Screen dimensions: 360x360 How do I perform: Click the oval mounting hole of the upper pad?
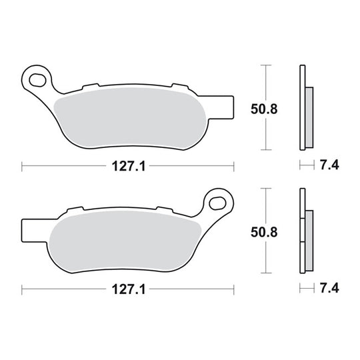[x=37, y=80]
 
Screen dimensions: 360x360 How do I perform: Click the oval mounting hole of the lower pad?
[x=217, y=203]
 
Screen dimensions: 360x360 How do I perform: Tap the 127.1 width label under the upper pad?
[x=129, y=166]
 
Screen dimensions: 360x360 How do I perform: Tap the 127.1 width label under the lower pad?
[x=129, y=289]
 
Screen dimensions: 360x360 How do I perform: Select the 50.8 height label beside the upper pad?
[x=264, y=109]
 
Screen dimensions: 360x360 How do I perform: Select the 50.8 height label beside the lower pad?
[x=264, y=232]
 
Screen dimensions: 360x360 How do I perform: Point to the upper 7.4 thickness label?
[x=329, y=165]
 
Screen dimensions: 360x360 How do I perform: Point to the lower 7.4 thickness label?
[x=329, y=288]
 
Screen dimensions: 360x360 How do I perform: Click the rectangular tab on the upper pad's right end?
[x=221, y=107]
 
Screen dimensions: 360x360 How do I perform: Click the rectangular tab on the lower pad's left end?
[x=35, y=230]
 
